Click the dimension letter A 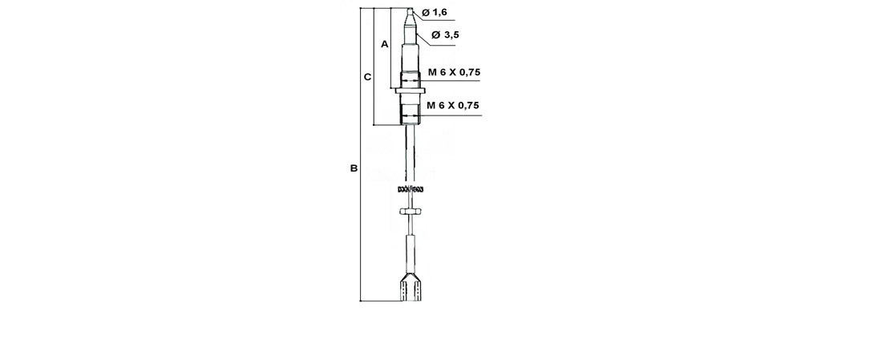(x=384, y=45)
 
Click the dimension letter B (x=354, y=168)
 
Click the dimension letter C (x=367, y=77)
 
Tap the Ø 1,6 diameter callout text (x=434, y=12)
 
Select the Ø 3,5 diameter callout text (x=445, y=34)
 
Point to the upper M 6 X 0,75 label (x=454, y=72)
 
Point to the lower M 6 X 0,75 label (x=453, y=105)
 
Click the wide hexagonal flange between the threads (x=411, y=91)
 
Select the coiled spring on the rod (x=411, y=189)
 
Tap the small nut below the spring (x=411, y=212)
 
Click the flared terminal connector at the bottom (x=411, y=289)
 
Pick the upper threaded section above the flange (x=411, y=79)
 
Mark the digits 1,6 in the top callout (x=439, y=12)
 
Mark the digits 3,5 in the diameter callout (x=451, y=34)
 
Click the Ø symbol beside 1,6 (x=424, y=12)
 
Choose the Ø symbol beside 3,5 (x=435, y=34)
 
